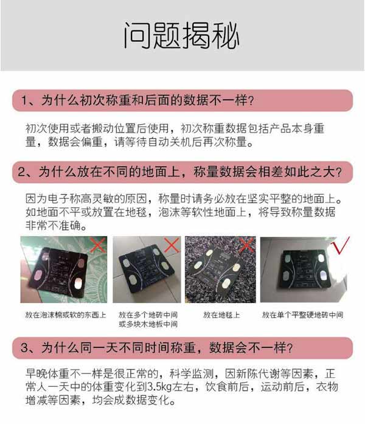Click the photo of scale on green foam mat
pos(63,271)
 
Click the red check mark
pos(338,248)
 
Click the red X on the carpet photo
pos(246,245)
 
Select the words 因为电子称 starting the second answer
pos(55,200)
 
